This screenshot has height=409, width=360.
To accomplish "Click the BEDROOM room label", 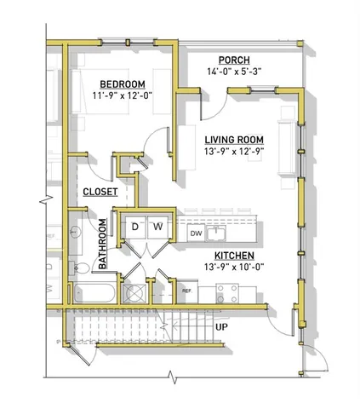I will pos(122,84).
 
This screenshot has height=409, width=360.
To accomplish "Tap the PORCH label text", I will pos(233,60).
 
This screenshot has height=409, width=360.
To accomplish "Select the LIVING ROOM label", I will pos(233,140).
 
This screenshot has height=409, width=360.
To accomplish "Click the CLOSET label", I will pos(100,193).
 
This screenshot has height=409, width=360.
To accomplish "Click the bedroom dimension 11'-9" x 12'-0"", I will pos(122,96).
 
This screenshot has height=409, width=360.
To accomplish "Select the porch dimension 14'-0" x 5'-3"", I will pos(233,72).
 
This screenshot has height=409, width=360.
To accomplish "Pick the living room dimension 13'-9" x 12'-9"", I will pos(233,153).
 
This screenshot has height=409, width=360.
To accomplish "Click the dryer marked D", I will pos(134,227).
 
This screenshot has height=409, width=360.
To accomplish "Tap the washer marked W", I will pos(157,227).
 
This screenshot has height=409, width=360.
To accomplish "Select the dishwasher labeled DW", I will pos(195,233).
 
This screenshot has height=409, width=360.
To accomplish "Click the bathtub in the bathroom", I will pos(91,294).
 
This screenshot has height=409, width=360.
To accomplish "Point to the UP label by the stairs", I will pos(220,326).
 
